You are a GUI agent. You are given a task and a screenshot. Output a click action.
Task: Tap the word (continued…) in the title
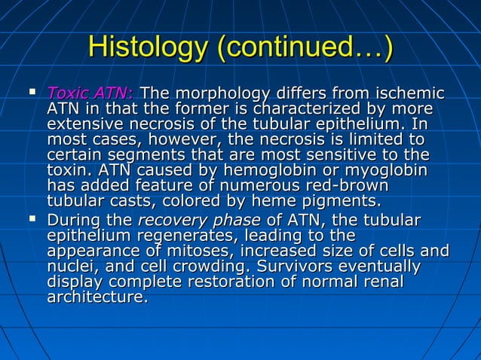point(305,47)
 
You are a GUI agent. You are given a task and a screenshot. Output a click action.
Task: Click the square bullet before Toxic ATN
point(32,93)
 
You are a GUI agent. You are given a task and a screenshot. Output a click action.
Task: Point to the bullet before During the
point(32,219)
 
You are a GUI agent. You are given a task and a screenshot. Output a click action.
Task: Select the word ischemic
point(409,94)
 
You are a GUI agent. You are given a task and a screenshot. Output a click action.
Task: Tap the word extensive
point(84,124)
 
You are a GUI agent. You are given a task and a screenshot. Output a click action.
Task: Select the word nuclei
point(70,266)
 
